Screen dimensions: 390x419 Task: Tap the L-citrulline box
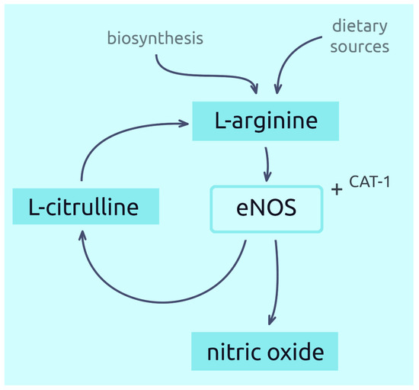85,208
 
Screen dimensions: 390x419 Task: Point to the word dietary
360,27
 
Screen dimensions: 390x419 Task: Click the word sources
360,47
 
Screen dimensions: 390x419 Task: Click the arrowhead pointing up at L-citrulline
81,238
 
